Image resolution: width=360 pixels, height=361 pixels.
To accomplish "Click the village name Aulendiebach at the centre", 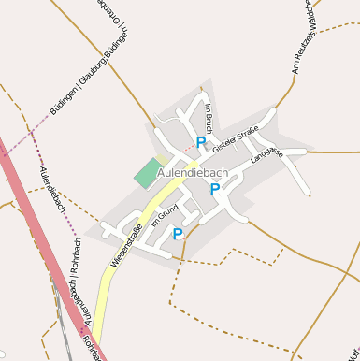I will coord(193,173).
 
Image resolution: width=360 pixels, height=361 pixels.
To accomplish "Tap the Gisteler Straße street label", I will coord(235,140).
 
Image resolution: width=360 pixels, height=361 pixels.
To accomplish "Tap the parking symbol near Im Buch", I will coord(201,142).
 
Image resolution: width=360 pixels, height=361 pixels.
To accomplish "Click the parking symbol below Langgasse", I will coord(215,189).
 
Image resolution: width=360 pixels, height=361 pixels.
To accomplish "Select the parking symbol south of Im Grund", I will coord(178,234).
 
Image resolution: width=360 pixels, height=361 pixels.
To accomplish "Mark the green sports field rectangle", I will coord(148,172).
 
